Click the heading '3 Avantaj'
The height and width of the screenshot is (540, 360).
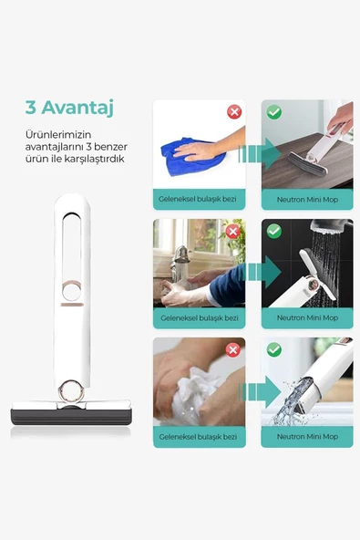tap(69, 108)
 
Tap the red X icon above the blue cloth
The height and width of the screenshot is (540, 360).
tap(234, 112)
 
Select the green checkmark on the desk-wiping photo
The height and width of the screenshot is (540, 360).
tap(274, 112)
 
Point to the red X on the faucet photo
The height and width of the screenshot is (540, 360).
tap(233, 231)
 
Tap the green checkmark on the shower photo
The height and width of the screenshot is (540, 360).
tap(274, 231)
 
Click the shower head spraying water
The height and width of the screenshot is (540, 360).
tap(331, 229)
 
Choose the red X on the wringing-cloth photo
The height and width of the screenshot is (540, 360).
tap(233, 350)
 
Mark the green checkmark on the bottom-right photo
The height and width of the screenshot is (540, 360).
tap(274, 350)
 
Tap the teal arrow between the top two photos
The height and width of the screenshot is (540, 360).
tap(260, 153)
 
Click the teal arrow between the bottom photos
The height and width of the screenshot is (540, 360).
tap(260, 391)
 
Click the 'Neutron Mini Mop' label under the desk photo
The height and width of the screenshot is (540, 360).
tap(307, 200)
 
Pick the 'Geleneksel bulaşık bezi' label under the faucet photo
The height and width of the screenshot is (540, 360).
tap(200, 317)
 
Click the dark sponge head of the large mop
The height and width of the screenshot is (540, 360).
tap(71, 417)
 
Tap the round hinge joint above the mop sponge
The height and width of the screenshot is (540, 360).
tap(71, 391)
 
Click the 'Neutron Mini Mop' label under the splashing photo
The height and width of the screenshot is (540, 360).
tap(307, 436)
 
